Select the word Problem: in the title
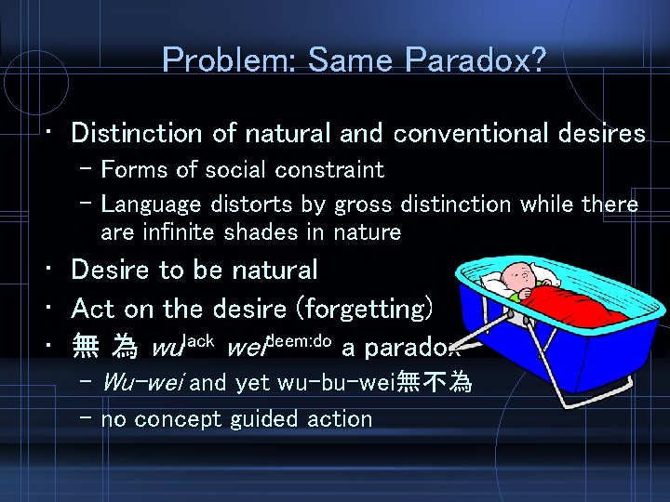point(229,61)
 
